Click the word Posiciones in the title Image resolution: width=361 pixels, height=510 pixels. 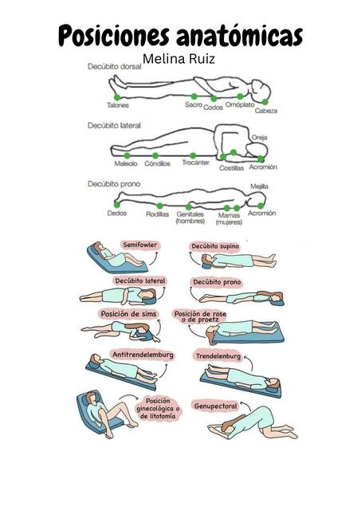[x=114, y=35]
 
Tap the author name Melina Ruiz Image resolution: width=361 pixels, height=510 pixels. [x=179, y=59]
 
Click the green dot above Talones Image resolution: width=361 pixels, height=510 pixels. [x=117, y=97]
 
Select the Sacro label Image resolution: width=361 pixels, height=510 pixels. [x=194, y=104]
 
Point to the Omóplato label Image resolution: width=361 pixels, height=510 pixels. [x=240, y=104]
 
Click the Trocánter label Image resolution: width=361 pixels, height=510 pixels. [x=195, y=163]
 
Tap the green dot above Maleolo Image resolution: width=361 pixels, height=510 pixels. [x=128, y=156]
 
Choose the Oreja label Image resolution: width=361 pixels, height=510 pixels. [x=259, y=138]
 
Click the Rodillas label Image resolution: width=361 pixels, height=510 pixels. [x=158, y=214]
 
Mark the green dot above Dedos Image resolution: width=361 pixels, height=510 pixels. [x=117, y=205]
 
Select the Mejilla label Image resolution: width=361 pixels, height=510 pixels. [x=259, y=186]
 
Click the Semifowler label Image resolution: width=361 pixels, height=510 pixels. [x=139, y=245]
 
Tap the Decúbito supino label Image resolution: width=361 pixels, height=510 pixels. [x=215, y=246]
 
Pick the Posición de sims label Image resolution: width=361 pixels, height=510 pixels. [x=128, y=314]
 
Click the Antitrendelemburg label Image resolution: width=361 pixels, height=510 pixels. [x=143, y=355]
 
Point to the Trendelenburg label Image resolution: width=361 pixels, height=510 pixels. [x=218, y=356]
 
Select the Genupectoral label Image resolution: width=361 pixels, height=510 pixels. [x=215, y=406]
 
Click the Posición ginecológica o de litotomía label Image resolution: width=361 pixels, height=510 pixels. [x=158, y=409]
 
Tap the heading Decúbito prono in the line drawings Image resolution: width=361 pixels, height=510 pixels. [x=114, y=184]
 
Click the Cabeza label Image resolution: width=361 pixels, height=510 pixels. [x=266, y=111]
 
